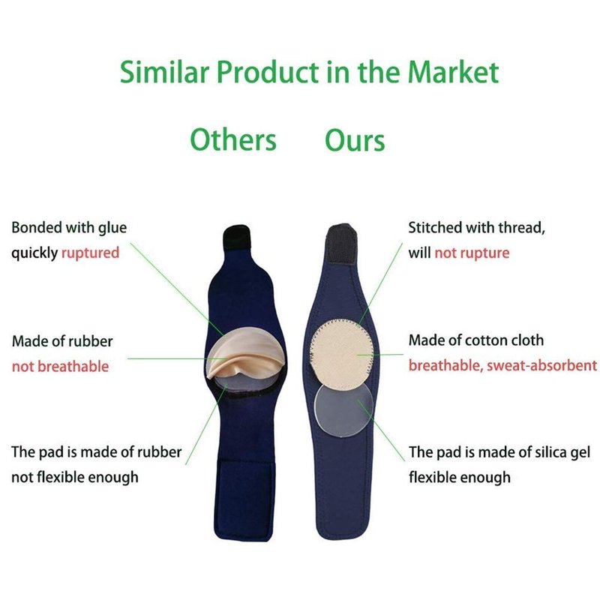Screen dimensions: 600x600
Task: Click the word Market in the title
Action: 453,72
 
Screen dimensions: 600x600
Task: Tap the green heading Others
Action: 233,140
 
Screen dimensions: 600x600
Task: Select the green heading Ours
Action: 355,140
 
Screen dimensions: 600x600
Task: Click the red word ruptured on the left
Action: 90,253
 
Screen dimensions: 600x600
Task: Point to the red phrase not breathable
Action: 61,366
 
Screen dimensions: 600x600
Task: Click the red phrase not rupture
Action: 472,253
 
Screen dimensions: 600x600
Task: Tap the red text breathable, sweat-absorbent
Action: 502,365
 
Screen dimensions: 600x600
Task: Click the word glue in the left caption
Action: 112,228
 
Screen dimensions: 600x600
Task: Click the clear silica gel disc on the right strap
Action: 343,410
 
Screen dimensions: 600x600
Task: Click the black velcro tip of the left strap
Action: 236,238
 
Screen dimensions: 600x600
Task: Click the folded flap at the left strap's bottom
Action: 246,498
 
